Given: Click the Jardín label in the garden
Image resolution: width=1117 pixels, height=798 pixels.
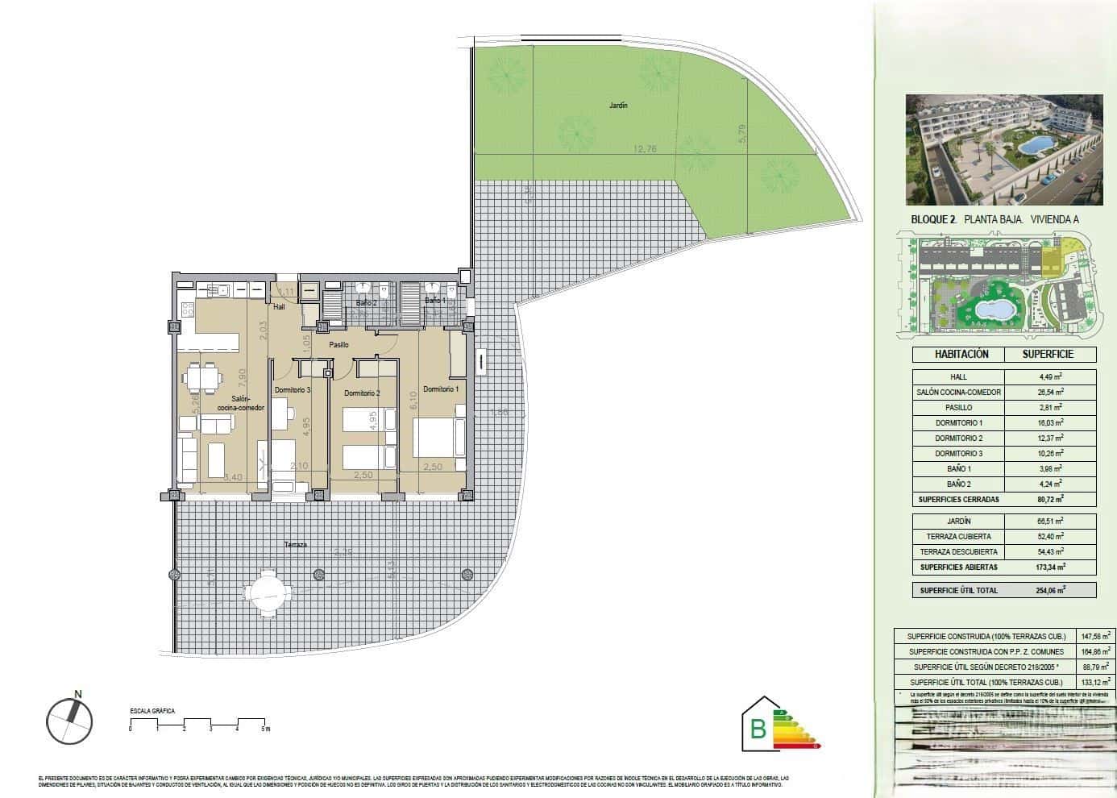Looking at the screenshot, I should point(618,106).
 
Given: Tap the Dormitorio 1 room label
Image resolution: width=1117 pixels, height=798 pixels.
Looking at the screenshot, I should point(441,389).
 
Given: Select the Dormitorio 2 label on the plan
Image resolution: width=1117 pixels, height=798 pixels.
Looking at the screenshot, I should point(361,393).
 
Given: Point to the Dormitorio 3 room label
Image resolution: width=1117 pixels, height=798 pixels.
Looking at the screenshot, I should point(292,390).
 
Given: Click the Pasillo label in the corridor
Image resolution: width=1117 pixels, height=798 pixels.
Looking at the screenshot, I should point(338,345).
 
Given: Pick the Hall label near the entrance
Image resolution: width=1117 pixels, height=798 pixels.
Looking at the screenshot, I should point(279,307).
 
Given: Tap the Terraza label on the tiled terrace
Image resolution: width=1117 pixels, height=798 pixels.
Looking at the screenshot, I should point(296,545).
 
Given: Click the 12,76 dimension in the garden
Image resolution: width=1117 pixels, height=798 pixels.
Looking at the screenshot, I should point(646,148).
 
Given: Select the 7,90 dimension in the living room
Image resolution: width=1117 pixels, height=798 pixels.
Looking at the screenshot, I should point(243,376).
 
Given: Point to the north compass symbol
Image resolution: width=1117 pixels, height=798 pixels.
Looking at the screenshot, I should point(69,719).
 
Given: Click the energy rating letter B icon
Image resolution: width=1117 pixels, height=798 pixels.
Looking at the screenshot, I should point(758,729).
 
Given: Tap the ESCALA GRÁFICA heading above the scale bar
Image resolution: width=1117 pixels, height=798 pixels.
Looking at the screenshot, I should point(152,712).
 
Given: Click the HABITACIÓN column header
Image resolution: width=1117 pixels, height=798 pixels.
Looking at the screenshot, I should point(961,354).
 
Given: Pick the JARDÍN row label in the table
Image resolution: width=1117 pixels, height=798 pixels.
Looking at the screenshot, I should point(958,522).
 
